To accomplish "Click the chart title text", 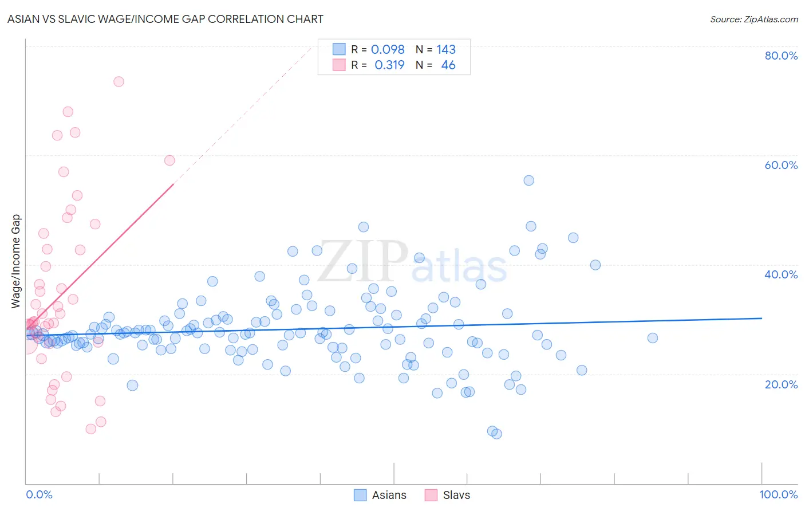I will click(165, 19).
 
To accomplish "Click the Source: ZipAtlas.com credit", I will click(753, 19).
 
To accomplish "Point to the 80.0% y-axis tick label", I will click(781, 56).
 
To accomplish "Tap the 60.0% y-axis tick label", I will click(781, 165).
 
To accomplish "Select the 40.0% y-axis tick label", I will click(781, 274).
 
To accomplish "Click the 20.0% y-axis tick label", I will click(781, 384).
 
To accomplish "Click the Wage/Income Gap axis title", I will click(16, 261).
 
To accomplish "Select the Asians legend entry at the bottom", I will click(380, 495).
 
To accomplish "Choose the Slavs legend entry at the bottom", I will click(447, 495).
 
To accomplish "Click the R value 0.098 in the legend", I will click(388, 50).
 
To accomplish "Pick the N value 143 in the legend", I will click(446, 50).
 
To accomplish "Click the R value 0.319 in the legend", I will click(389, 65).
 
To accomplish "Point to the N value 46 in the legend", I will click(448, 65).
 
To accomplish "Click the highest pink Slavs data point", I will click(119, 81).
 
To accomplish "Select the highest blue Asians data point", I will click(528, 180).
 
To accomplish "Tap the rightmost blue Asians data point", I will click(652, 338).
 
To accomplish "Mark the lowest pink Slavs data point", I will click(90, 429).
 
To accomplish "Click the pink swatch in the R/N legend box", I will click(339, 65).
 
